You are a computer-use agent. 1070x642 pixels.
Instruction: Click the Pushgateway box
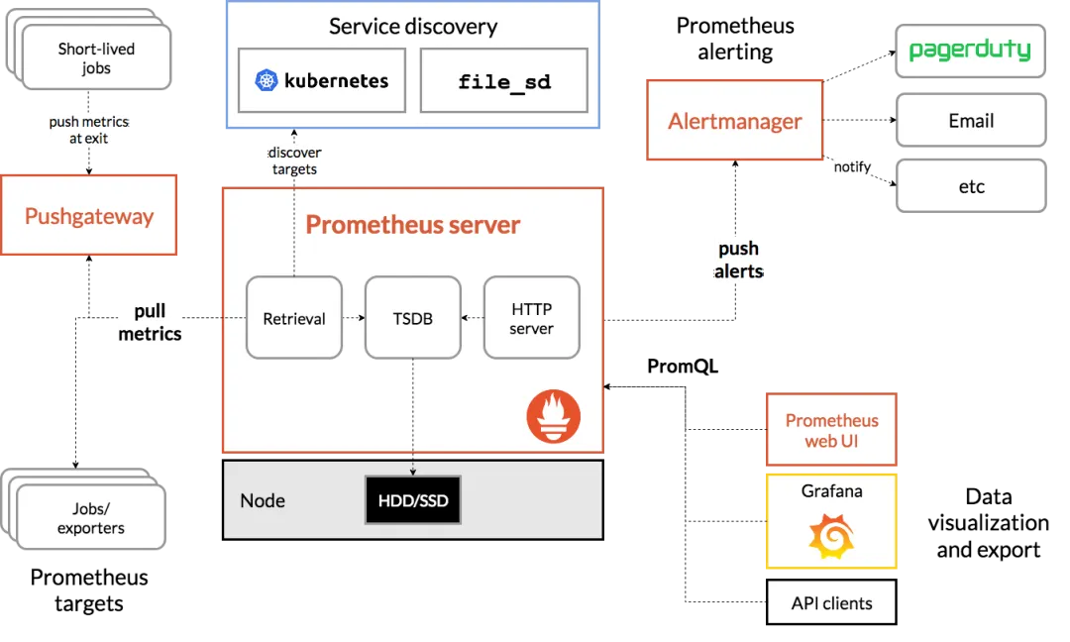(89, 216)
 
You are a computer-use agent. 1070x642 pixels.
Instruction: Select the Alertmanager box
(734, 121)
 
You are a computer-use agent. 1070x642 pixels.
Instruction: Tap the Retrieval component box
(294, 318)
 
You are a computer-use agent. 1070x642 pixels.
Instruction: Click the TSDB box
(412, 318)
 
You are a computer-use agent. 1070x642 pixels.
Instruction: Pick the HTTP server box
(531, 318)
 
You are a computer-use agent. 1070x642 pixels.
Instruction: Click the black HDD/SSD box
(413, 500)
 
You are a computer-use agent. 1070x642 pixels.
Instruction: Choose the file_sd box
(503, 80)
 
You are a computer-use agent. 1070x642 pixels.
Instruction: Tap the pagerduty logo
(970, 50)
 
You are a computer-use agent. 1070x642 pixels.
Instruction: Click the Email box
(970, 121)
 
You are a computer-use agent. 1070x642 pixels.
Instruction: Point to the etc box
(970, 186)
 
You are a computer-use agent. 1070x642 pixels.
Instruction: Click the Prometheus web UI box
(831, 430)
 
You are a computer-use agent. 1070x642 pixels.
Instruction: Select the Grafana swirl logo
(830, 537)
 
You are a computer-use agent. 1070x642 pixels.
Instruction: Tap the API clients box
(831, 602)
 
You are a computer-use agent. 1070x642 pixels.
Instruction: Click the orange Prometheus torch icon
(553, 416)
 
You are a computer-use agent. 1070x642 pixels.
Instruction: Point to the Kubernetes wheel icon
(266, 80)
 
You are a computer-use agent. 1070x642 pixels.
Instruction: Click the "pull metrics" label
(150, 322)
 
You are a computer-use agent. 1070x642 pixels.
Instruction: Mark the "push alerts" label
(738, 260)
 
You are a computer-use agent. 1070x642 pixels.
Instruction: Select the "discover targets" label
(294, 160)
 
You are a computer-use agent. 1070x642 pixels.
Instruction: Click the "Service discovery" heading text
(412, 27)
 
